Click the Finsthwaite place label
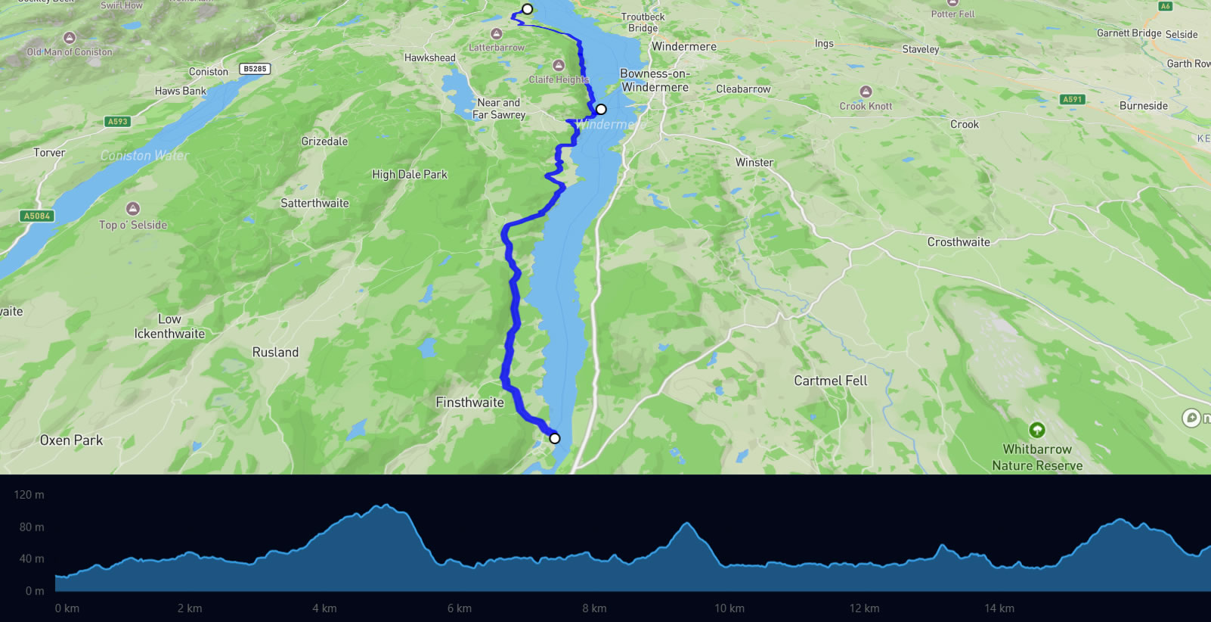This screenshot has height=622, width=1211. click(469, 403)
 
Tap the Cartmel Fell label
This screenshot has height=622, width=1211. click(830, 381)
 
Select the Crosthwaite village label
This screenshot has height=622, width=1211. click(959, 242)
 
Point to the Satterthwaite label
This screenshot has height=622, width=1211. click(314, 203)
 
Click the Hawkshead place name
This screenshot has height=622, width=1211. click(429, 58)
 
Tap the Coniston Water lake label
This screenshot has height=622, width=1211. click(144, 155)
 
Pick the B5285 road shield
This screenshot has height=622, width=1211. click(255, 69)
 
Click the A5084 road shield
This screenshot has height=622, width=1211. click(37, 216)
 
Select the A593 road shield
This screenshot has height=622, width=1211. click(118, 121)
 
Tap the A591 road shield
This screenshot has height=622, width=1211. click(1072, 99)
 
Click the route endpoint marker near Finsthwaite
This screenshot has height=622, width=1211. click(555, 438)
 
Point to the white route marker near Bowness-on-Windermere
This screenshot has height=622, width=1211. click(601, 109)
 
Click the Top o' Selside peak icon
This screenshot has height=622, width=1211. click(133, 208)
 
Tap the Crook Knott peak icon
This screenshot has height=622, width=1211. click(866, 92)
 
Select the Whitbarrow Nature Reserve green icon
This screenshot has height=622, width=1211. click(1037, 430)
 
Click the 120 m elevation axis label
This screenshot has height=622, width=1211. click(29, 495)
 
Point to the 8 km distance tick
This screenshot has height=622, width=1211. click(594, 608)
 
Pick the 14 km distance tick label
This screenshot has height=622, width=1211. click(999, 608)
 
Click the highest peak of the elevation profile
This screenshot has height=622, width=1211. click(386, 505)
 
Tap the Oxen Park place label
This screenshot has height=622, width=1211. click(71, 440)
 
